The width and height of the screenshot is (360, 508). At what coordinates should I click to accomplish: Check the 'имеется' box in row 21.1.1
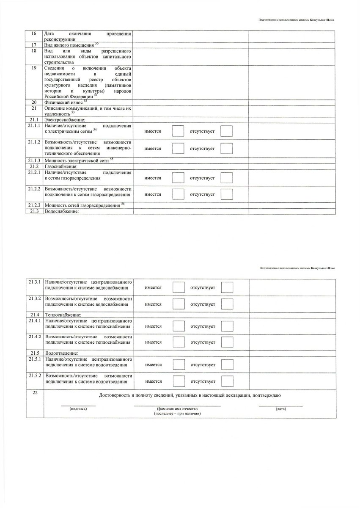coord(178,131)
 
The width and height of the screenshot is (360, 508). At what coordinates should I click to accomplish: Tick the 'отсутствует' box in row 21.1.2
coord(227,149)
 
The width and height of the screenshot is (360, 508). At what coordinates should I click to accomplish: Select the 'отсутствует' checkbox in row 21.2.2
coord(227,194)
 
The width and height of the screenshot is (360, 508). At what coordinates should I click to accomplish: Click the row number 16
coord(34,34)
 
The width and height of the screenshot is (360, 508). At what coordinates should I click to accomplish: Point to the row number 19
coord(34,68)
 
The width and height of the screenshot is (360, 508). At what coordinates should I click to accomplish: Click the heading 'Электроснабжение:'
coord(62,121)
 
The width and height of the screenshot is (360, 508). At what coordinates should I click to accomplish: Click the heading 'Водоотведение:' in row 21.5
coord(61,353)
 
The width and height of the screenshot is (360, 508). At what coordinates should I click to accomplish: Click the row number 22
coord(35,393)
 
